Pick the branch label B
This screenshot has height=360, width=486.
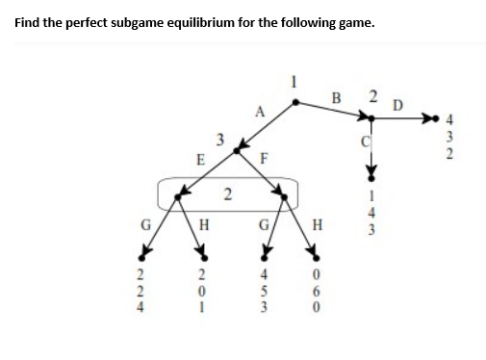(x=336, y=95)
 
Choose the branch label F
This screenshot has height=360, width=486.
(x=263, y=161)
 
